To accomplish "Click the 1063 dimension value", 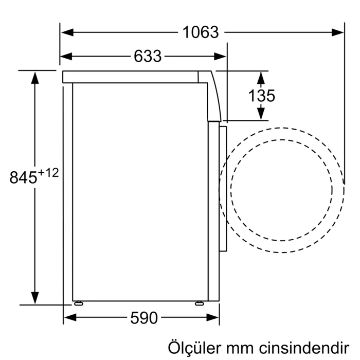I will click(x=201, y=32).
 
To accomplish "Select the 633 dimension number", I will click(x=148, y=56).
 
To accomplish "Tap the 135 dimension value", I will click(x=262, y=95).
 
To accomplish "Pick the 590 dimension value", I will click(x=143, y=318).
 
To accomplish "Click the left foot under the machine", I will click(x=78, y=303).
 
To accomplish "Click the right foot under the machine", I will click(x=199, y=303).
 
